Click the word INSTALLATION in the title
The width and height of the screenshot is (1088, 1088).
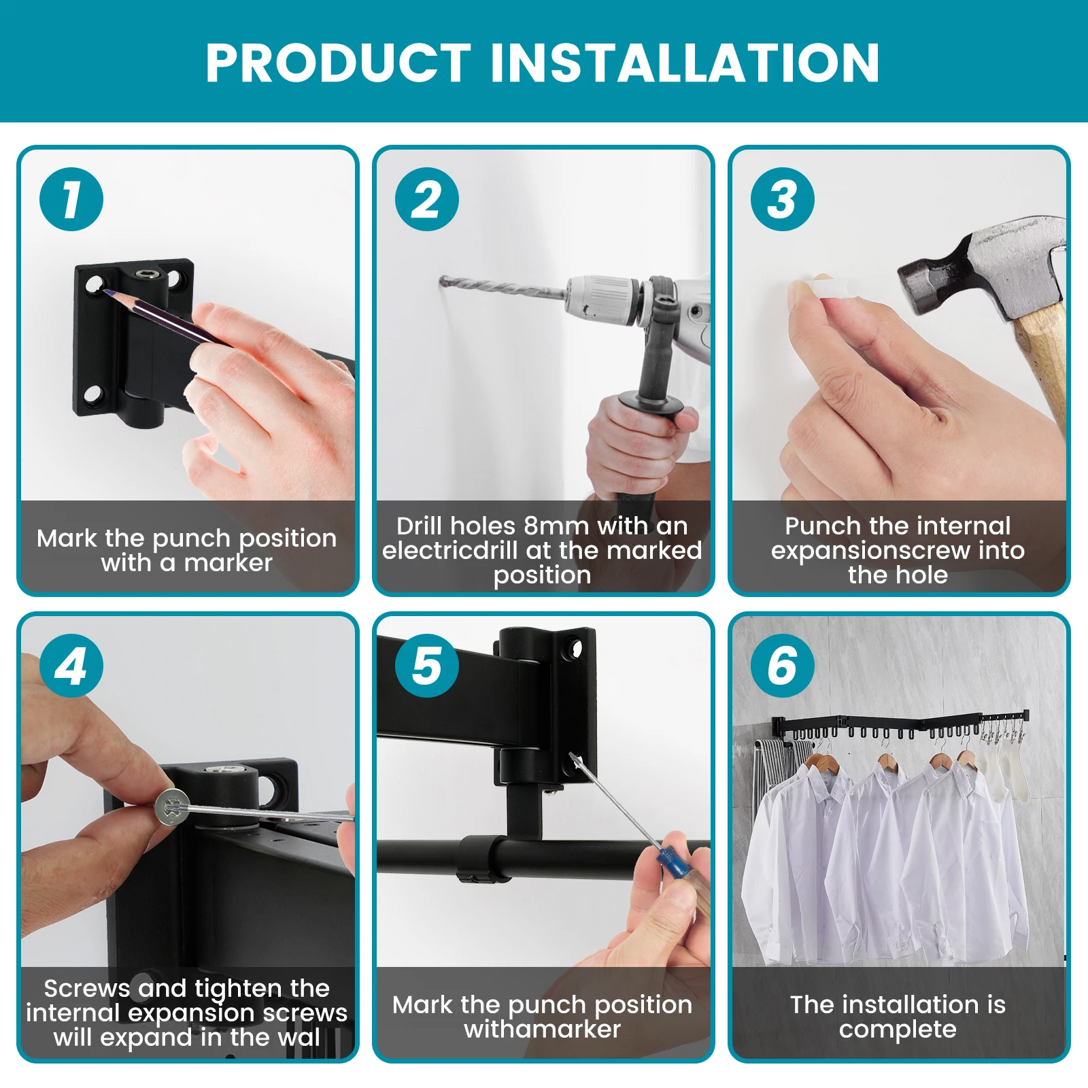pos(685,63)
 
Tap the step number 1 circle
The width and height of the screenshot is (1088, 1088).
pos(71,199)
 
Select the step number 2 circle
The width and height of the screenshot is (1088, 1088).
pos(427,199)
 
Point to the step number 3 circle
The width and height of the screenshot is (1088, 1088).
pos(783,199)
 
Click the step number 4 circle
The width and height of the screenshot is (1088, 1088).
pos(71,666)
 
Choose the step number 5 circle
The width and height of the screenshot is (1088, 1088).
pos(427,666)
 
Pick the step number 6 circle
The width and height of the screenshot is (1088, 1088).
pos(783,666)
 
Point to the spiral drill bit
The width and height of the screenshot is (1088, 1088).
pos(503,288)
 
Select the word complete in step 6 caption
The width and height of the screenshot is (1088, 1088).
pos(898,1030)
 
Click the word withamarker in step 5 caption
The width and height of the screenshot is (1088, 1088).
pos(543,1030)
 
